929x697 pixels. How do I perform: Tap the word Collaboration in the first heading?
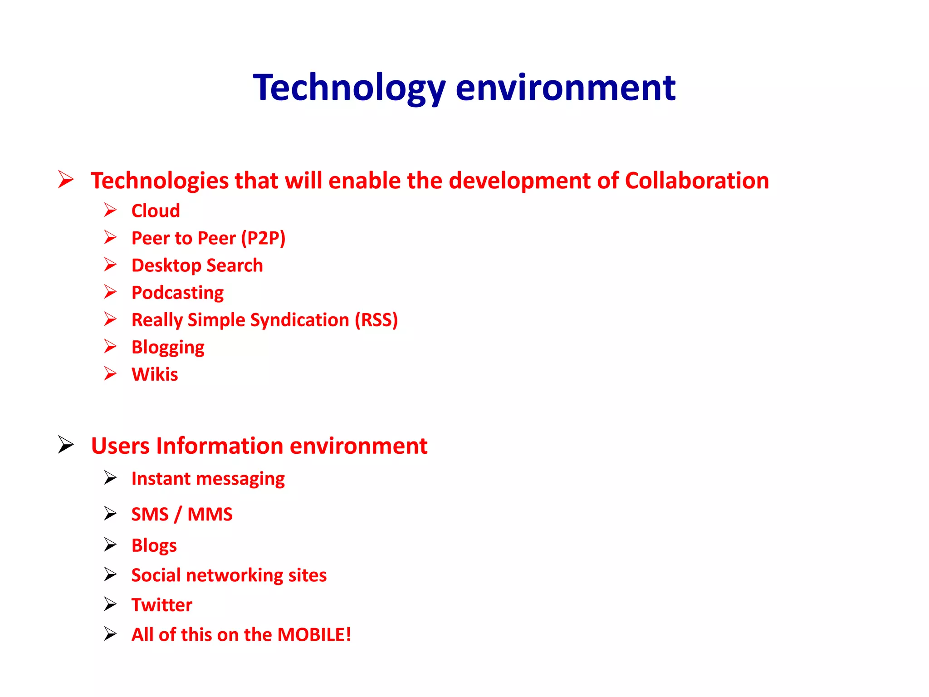[697, 181]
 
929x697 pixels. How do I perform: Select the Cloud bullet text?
[156, 211]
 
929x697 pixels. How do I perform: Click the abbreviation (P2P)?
[263, 238]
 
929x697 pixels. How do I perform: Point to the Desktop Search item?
[197, 265]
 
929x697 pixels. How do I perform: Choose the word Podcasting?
[177, 293]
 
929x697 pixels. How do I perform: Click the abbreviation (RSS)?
[376, 320]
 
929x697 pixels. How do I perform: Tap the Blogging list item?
[168, 348]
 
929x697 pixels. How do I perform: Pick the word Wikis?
[155, 374]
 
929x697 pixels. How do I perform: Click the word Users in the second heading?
[120, 446]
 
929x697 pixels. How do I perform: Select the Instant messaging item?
[208, 479]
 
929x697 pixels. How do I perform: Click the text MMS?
[210, 514]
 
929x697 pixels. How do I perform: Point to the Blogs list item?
[154, 545]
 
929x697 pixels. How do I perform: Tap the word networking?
[235, 575]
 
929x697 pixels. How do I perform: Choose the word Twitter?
[162, 605]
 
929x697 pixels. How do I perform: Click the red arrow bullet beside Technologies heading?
[66, 179]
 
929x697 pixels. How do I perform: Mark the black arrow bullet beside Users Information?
[66, 444]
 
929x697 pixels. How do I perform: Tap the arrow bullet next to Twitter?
[110, 604]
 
